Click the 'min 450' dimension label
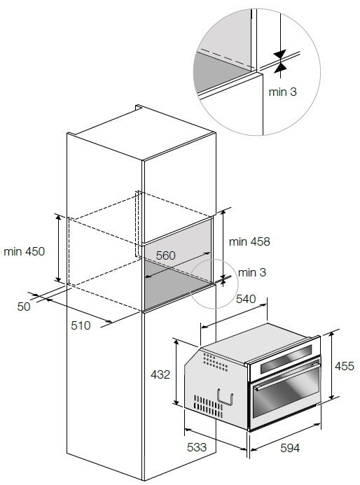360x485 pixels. click(x=24, y=251)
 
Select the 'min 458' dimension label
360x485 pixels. click(x=249, y=241)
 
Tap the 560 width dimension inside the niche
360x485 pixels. click(x=165, y=255)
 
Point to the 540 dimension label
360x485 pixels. click(x=246, y=299)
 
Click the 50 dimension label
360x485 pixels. click(x=24, y=307)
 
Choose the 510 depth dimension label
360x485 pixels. click(x=81, y=325)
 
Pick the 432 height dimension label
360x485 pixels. click(x=160, y=374)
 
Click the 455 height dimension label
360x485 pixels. click(x=344, y=366)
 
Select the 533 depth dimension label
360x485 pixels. click(x=197, y=447)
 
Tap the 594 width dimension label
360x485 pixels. click(x=290, y=448)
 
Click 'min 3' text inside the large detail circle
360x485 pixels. click(x=283, y=92)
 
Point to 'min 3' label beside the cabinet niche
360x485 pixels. click(x=252, y=272)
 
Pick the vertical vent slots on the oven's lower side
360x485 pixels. click(x=208, y=406)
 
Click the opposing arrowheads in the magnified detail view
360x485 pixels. click(x=280, y=62)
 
